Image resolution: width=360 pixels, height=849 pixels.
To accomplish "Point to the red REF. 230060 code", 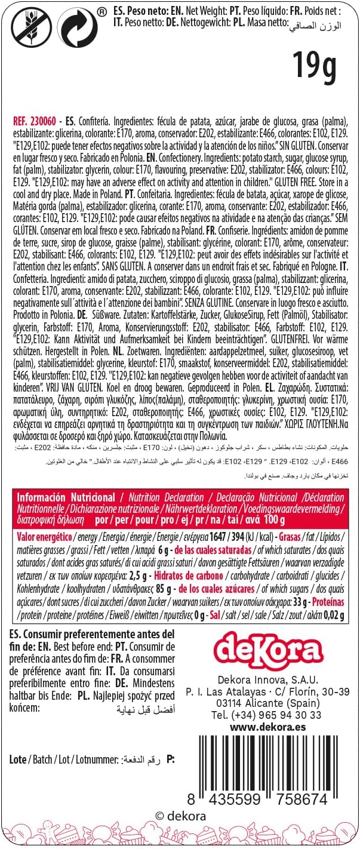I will (x=36, y=119).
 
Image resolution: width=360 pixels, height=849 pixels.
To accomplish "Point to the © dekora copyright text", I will (x=180, y=816).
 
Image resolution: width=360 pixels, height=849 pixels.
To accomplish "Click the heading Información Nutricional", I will (x=66, y=497).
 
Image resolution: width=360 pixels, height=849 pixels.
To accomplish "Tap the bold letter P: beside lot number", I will (x=171, y=759).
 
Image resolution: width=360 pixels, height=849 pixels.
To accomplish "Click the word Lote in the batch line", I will (x=19, y=759).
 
